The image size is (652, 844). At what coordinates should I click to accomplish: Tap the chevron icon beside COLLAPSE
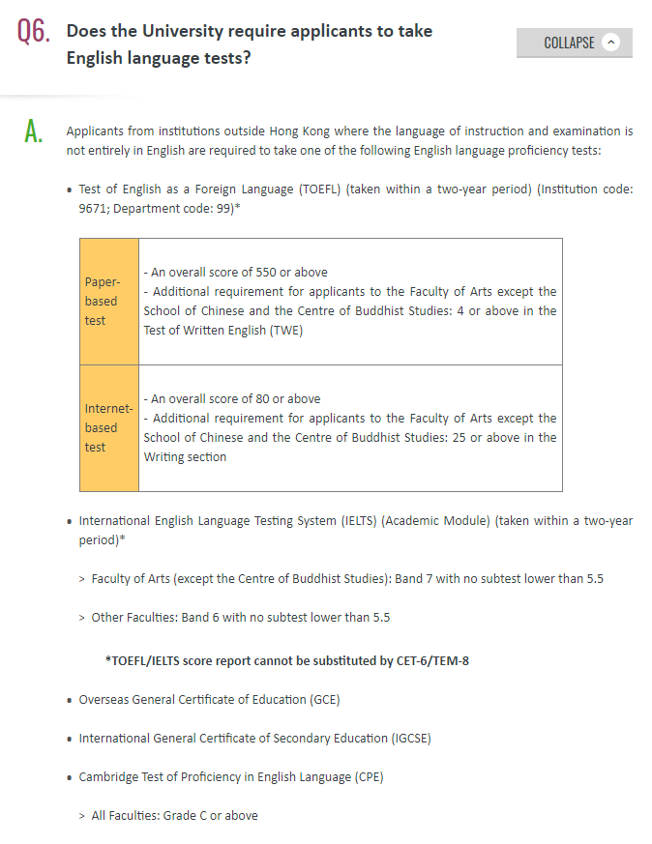point(610,43)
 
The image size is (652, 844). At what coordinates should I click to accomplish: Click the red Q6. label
point(32,32)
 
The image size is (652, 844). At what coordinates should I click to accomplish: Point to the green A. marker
point(33,133)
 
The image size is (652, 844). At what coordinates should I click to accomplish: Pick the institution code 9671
point(94,207)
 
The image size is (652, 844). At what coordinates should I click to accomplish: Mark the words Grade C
point(184,815)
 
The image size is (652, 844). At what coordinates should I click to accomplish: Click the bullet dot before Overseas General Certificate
point(70,700)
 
